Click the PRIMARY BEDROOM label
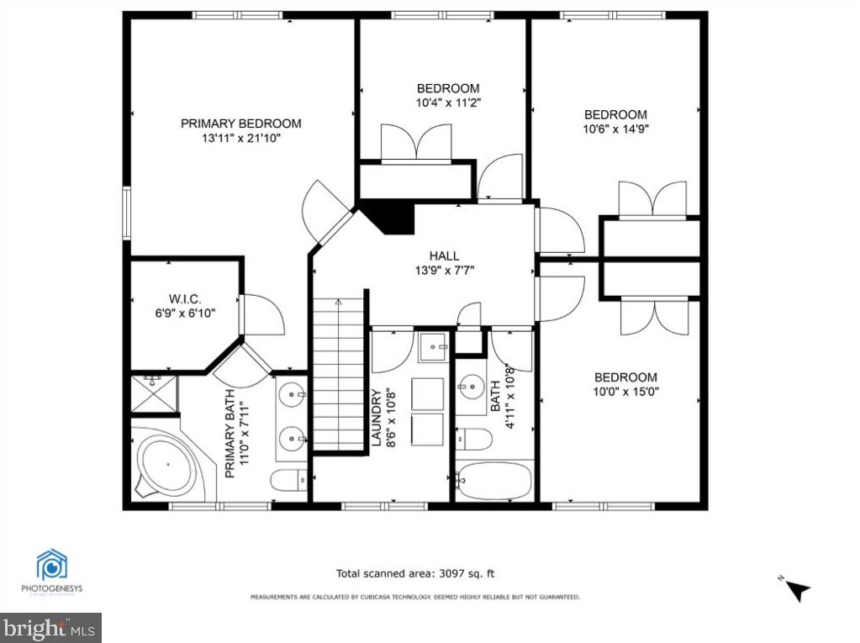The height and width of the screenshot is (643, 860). pos(240,124)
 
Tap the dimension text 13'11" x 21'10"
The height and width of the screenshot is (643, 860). pos(240,138)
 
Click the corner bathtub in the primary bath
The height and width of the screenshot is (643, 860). pos(165,466)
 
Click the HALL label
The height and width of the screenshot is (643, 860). pos(444,256)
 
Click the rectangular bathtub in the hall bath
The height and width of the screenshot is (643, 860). pos(493,480)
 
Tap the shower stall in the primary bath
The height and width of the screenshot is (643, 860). pos(153,395)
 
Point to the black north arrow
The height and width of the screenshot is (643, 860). pos(798,591)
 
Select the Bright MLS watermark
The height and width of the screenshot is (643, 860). pos(50,627)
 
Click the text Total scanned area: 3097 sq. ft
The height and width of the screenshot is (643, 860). pos(415,574)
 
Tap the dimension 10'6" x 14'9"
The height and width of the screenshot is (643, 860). pos(615,129)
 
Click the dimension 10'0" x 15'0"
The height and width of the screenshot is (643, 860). pos(625,392)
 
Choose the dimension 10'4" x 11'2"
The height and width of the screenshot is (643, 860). pos(448,103)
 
